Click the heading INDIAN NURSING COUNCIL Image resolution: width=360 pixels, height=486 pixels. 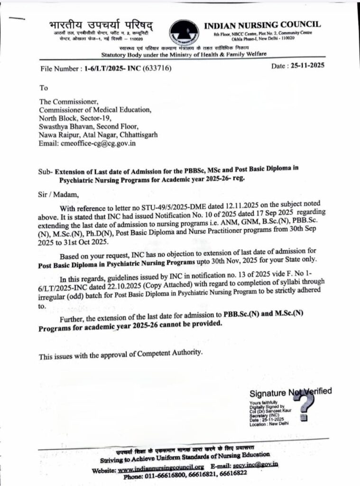[262, 24]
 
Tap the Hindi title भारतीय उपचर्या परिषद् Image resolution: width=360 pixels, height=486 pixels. [102, 25]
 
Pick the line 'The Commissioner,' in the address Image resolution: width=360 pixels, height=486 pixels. [69, 101]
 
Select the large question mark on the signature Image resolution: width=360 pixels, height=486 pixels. [304, 406]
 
